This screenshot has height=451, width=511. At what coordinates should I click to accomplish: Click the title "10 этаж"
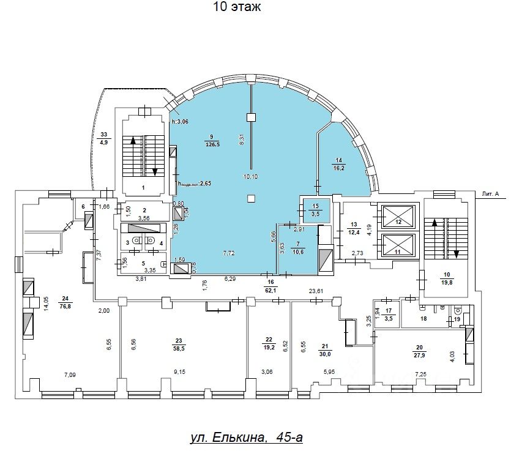(x=237, y=7)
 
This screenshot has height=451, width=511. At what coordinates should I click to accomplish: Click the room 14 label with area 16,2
(x=339, y=166)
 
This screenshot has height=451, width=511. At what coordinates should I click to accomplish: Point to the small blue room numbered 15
(x=316, y=210)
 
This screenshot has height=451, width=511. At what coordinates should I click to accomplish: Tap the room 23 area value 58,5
(x=179, y=346)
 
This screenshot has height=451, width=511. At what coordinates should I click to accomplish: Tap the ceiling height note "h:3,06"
(x=181, y=121)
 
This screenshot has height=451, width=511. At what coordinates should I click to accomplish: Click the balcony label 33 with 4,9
(x=103, y=138)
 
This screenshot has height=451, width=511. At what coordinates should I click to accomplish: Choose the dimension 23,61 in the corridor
(x=316, y=291)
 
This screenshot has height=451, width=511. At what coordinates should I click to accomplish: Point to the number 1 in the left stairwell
(x=143, y=188)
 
